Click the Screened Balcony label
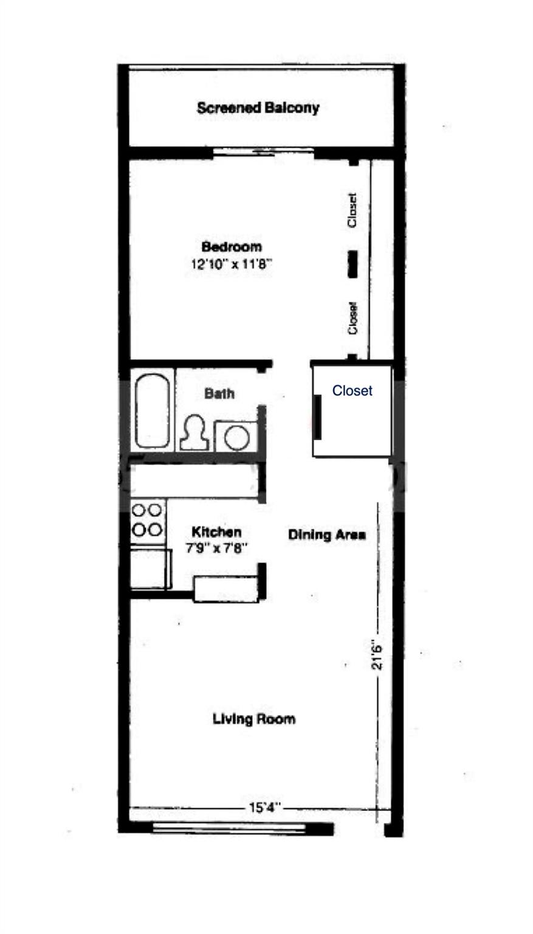258,108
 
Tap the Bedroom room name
232,247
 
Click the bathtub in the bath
152,412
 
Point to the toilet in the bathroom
195,433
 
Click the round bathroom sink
236,437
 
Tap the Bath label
219,393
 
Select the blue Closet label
352,391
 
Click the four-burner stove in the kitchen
148,519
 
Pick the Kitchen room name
216,531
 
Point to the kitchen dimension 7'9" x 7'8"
216,547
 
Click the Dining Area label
326,535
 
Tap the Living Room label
254,719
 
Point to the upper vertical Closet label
352,210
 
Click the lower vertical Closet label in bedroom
352,318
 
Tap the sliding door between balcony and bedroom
263,152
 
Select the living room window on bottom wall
229,828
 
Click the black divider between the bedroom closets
352,265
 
